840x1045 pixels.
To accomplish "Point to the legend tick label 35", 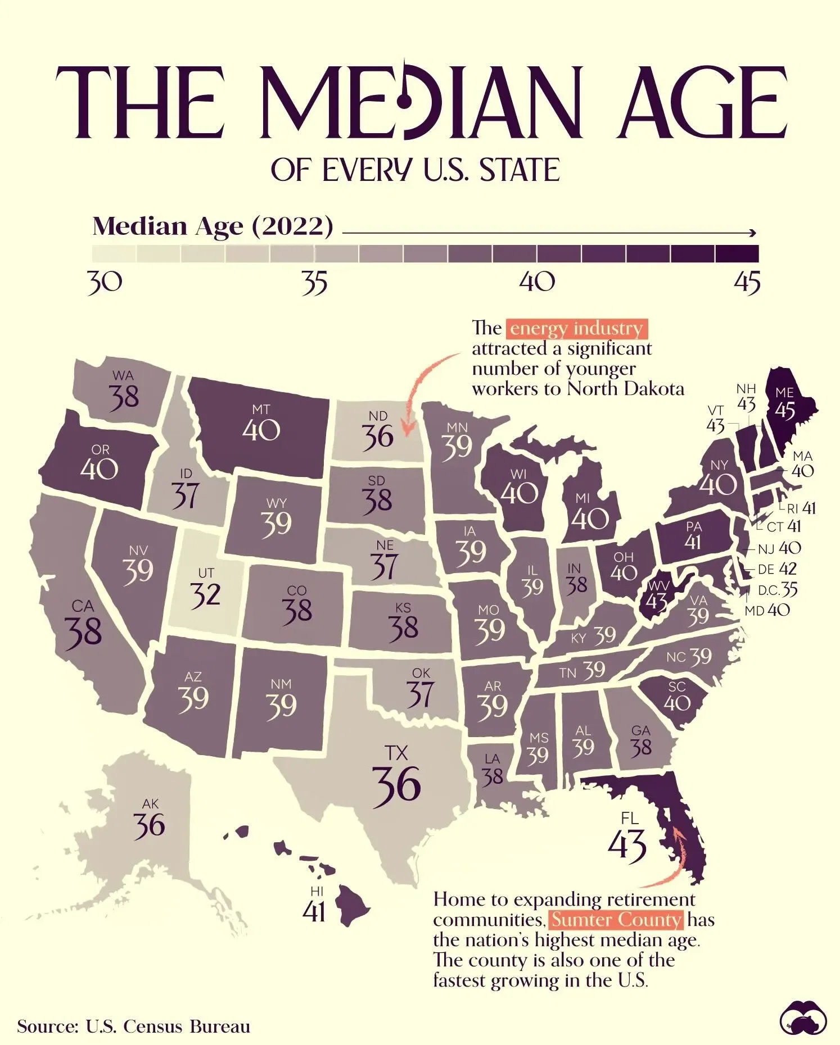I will pyautogui.click(x=314, y=283).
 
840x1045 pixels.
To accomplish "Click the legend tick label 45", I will pyautogui.click(x=747, y=283).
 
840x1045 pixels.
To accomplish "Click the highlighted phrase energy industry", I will pyautogui.click(x=576, y=328).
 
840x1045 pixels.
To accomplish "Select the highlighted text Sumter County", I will pyautogui.click(x=616, y=920).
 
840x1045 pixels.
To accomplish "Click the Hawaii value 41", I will pyautogui.click(x=314, y=911).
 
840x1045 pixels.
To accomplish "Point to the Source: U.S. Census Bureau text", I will pyautogui.click(x=133, y=1026).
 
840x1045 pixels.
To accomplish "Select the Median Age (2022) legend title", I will pyautogui.click(x=213, y=226).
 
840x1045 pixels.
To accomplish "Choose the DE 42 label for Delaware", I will pyautogui.click(x=778, y=569).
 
